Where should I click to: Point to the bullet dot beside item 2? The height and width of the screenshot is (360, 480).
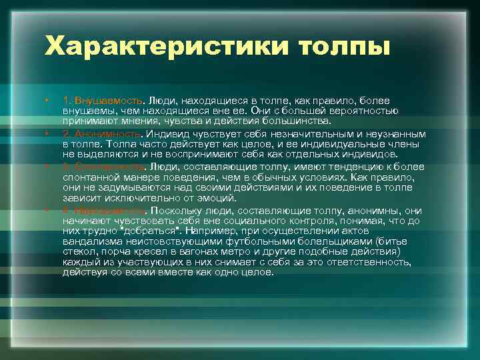(47, 133)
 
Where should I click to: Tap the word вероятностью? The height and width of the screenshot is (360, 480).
(365, 111)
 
